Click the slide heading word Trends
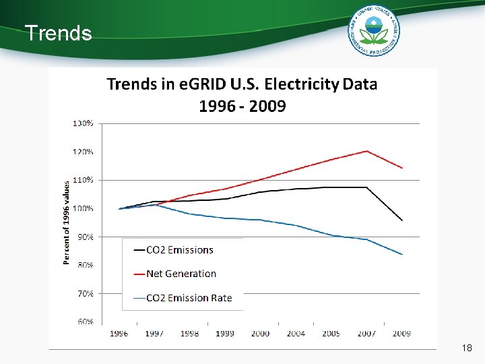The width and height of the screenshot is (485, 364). [58, 33]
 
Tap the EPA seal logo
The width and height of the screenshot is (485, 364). [374, 30]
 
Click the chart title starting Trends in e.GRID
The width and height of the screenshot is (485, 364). [243, 95]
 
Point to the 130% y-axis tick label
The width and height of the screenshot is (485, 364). [83, 123]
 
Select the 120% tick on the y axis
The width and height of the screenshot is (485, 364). [83, 152]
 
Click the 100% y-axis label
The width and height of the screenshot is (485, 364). [83, 208]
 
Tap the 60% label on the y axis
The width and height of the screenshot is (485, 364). [85, 322]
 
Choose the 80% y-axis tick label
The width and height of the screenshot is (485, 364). [85, 265]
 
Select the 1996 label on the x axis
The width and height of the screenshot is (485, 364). [119, 333]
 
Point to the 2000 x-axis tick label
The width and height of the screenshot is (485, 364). [260, 333]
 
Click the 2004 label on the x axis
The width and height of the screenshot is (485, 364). [296, 333]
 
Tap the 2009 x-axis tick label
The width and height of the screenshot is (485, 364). [401, 333]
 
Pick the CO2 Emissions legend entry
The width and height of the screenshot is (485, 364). [179, 249]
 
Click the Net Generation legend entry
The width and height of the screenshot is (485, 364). [181, 274]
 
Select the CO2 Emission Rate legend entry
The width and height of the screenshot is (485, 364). [189, 298]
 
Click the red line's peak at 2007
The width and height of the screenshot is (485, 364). [366, 151]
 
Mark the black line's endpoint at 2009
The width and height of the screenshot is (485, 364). [402, 220]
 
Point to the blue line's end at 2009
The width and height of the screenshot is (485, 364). [402, 254]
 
